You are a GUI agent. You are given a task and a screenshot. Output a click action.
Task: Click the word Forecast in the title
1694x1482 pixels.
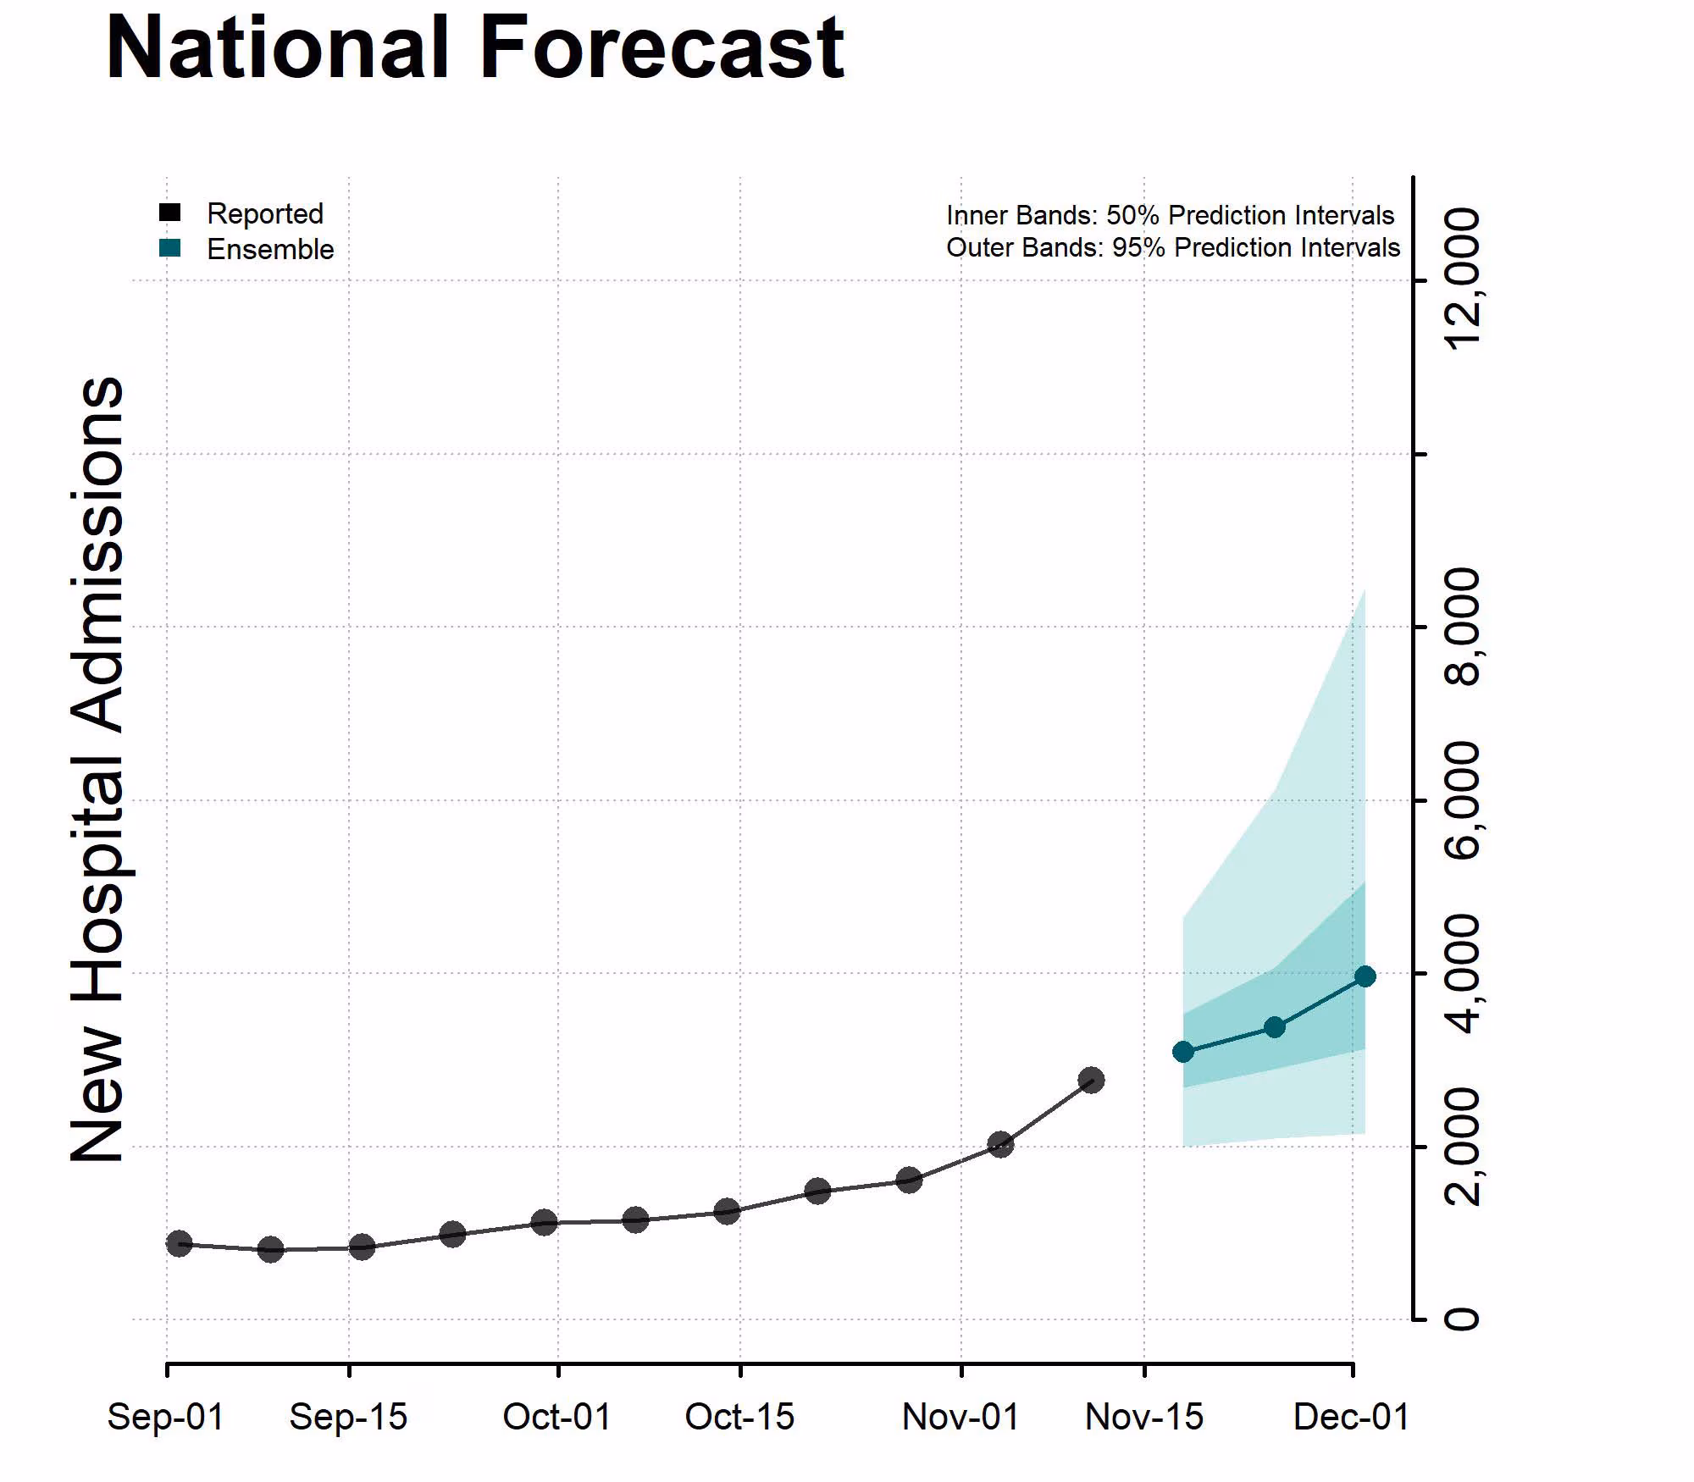coord(662,48)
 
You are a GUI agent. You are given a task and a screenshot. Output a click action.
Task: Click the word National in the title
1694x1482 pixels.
coord(277,48)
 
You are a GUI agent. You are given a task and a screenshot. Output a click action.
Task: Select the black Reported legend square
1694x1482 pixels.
coord(170,213)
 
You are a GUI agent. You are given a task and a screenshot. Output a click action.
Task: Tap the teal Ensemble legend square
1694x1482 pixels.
coord(170,248)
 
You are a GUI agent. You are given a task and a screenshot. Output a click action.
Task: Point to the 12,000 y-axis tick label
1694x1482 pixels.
coord(1464,279)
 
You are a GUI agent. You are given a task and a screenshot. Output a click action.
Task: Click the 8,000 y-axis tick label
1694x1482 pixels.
coord(1464,627)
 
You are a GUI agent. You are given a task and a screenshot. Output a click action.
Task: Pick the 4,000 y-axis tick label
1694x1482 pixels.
coord(1464,973)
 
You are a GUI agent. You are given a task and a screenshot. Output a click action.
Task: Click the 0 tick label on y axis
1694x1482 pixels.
coord(1464,1319)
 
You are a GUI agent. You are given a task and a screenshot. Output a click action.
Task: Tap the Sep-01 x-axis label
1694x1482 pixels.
coord(166,1417)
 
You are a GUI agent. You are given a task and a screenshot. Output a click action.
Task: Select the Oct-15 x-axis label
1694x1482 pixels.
coord(739,1417)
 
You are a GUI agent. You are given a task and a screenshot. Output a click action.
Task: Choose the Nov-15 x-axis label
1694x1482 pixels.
coord(1144,1417)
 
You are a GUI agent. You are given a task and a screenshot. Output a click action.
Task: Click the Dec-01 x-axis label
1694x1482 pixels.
coord(1351,1417)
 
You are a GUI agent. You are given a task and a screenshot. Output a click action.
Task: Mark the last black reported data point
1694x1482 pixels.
coord(1091,1080)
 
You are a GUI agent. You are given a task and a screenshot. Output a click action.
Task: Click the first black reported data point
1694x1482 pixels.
coord(179,1243)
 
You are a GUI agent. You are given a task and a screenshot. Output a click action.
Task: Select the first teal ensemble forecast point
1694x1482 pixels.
coord(1183,1052)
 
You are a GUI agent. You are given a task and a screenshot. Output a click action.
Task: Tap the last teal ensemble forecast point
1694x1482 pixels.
coord(1365,976)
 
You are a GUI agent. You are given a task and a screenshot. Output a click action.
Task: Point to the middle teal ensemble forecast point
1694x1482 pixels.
coord(1274,1027)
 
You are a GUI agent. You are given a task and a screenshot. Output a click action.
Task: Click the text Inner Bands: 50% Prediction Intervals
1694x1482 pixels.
coord(1170,215)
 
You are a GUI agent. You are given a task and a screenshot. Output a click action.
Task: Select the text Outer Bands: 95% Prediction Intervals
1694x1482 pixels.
coord(1173,248)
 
